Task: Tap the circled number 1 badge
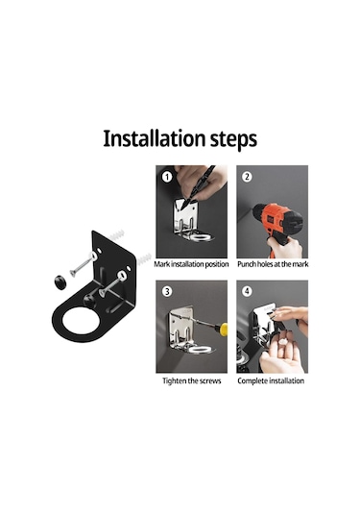click(x=167, y=178)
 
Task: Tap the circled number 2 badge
click(x=247, y=177)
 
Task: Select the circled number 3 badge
click(x=167, y=291)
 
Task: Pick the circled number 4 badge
click(x=247, y=291)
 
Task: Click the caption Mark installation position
click(x=191, y=264)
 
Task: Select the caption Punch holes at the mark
click(x=273, y=264)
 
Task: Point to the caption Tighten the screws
click(x=192, y=380)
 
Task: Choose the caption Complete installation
click(x=271, y=380)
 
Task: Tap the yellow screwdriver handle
click(x=224, y=329)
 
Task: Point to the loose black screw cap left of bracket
click(x=60, y=282)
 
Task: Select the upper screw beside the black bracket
click(x=83, y=264)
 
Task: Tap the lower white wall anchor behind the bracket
click(x=144, y=259)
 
